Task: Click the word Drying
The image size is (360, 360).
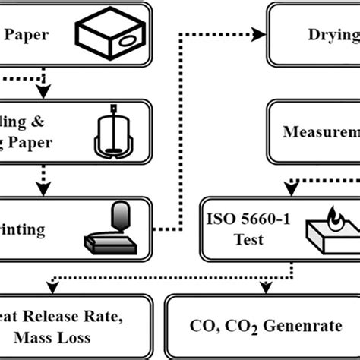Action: pos(330,36)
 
